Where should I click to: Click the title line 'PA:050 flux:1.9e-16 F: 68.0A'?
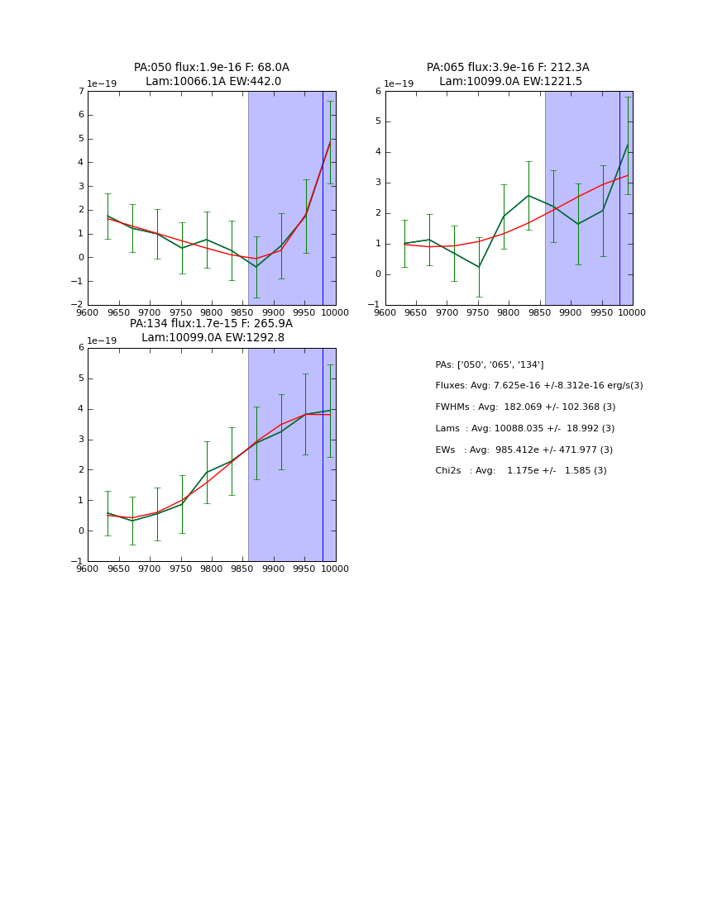click(212, 68)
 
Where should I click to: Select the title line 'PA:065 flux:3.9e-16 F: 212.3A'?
click(508, 68)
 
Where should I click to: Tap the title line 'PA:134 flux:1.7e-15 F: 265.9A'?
click(211, 324)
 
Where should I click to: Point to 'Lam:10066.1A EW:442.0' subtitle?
click(213, 82)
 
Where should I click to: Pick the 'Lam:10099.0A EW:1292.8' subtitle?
click(213, 338)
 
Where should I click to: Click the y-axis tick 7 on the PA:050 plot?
click(80, 91)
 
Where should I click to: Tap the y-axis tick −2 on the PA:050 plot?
click(77, 304)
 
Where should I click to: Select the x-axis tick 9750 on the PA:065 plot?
click(477, 312)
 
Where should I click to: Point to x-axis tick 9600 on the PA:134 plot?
click(88, 569)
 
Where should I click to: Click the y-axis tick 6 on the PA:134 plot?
click(80, 348)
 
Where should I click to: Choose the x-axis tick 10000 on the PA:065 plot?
click(632, 312)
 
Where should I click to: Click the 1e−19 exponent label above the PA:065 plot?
click(399, 84)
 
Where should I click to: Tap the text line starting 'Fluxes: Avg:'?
click(538, 386)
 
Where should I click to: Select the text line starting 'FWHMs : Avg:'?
click(525, 407)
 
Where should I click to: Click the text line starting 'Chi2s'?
click(521, 471)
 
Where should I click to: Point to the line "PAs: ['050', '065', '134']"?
click(490, 365)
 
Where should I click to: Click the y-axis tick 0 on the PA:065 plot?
click(378, 274)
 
